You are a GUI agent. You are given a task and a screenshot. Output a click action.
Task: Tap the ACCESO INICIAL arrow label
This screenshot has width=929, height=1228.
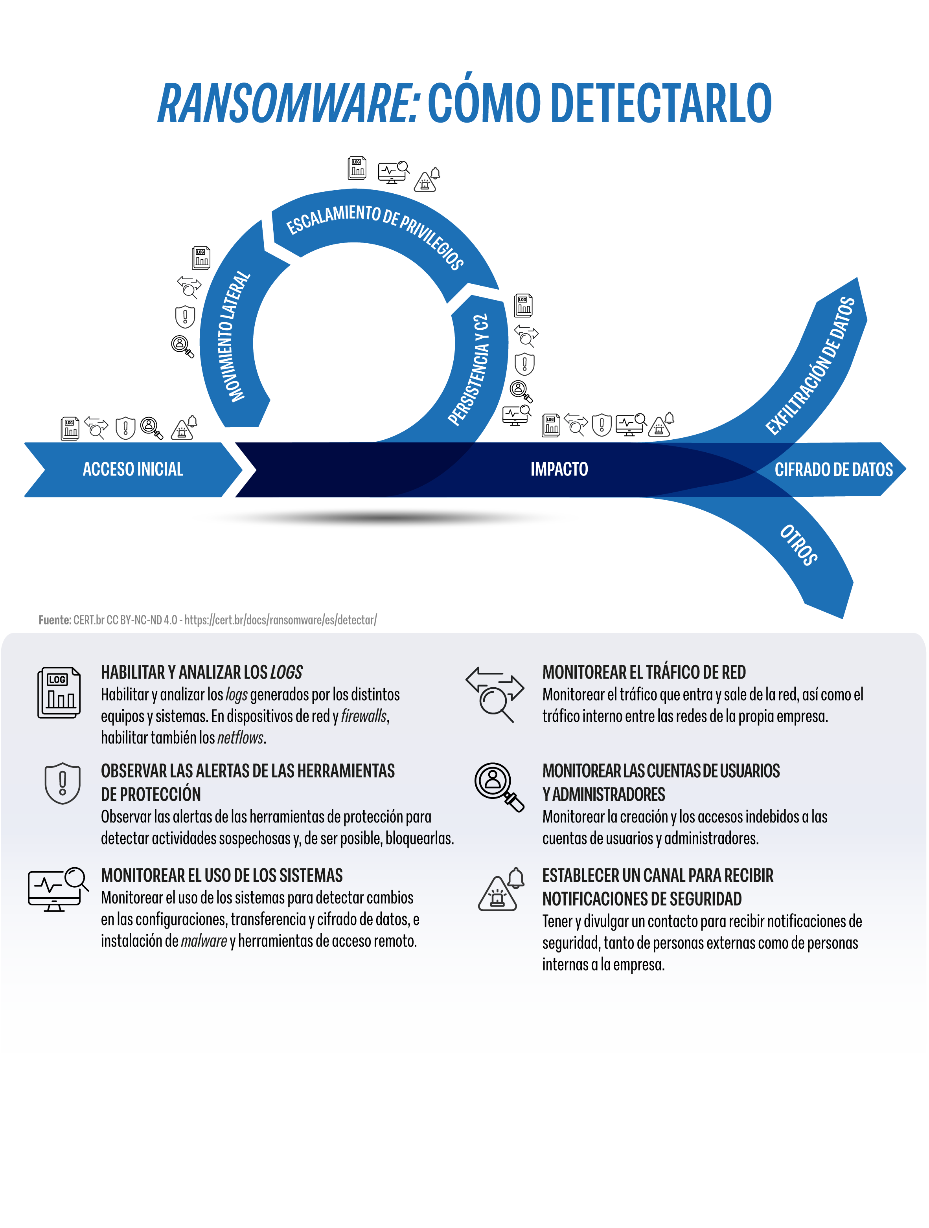[x=133, y=469]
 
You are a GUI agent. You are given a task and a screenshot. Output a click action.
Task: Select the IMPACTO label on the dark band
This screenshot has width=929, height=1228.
[x=559, y=469]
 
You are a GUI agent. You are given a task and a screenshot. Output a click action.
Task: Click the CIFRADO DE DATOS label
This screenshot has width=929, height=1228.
[x=833, y=470]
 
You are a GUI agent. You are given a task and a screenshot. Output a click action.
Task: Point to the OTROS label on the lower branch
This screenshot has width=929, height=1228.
[x=799, y=545]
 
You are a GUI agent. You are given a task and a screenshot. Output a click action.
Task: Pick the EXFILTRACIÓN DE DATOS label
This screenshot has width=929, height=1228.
[x=810, y=366]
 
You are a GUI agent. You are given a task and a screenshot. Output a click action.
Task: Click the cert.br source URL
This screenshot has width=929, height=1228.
[x=280, y=620]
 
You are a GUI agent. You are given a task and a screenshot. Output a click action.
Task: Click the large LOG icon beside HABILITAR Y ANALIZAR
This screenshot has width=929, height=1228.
[x=59, y=693]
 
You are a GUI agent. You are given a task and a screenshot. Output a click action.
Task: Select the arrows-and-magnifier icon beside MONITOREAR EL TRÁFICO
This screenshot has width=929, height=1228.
[x=495, y=694]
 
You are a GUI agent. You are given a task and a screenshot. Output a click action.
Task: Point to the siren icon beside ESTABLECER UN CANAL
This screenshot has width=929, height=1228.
[x=501, y=889]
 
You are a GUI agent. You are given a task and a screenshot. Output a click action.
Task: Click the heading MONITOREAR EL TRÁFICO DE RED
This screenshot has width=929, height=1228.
[x=644, y=672]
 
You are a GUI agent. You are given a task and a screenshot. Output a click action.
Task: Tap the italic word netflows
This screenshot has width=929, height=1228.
[x=241, y=738]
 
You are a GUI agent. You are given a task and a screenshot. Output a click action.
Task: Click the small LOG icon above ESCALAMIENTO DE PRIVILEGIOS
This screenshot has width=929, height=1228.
[x=357, y=168]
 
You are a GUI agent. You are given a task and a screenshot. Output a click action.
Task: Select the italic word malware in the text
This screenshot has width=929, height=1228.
[x=204, y=942]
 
